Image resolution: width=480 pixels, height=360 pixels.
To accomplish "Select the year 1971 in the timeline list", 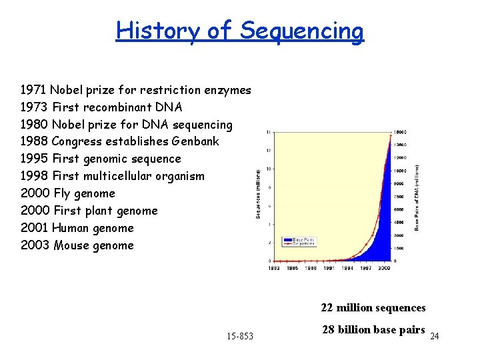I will (33, 90).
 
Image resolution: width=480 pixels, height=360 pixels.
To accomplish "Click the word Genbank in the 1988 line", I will (195, 141).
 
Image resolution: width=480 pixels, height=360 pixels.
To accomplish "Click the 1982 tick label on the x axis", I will (274, 268).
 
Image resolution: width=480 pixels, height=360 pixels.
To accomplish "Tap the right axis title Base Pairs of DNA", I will (417, 198).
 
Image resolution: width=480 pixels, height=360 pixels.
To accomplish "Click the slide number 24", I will (434, 337).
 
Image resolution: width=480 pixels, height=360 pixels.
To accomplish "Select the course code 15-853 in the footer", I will (239, 336).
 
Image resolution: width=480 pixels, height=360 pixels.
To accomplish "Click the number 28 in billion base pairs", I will (328, 330).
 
